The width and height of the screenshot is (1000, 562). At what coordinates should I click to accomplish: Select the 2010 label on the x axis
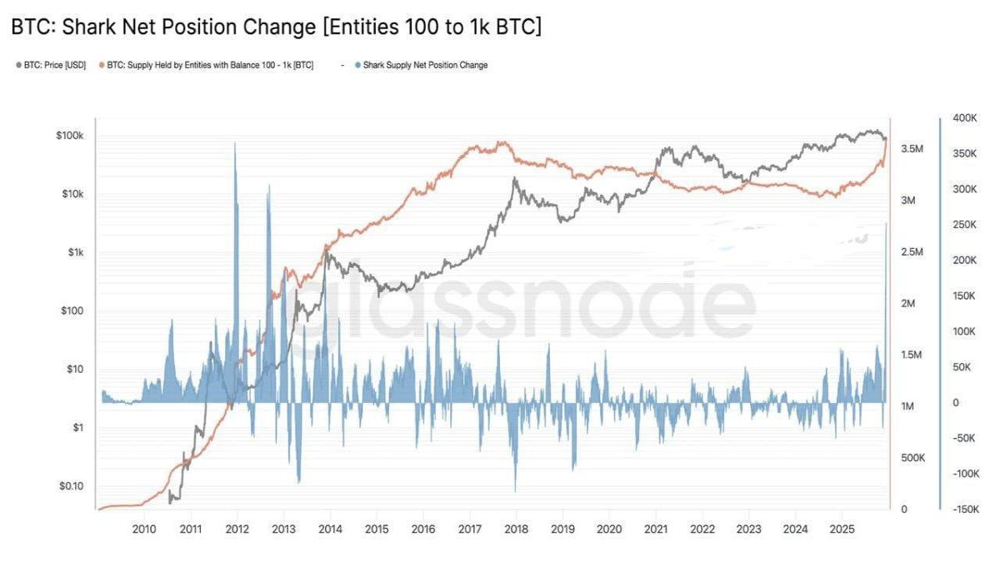pyautogui.click(x=144, y=530)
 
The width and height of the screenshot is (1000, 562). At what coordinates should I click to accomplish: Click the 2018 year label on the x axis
pyautogui.click(x=516, y=530)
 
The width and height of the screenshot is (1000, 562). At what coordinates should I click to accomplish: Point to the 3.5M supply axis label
pyautogui.click(x=912, y=149)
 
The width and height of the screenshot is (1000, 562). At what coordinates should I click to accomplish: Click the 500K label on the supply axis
pyautogui.click(x=912, y=458)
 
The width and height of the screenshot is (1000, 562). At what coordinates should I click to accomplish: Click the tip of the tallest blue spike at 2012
pyautogui.click(x=234, y=142)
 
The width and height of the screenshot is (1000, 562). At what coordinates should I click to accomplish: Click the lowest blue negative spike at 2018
pyautogui.click(x=515, y=491)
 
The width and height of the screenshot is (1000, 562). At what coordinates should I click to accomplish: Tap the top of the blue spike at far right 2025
pyautogui.click(x=886, y=223)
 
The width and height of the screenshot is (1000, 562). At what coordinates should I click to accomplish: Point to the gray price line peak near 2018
pyautogui.click(x=515, y=177)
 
